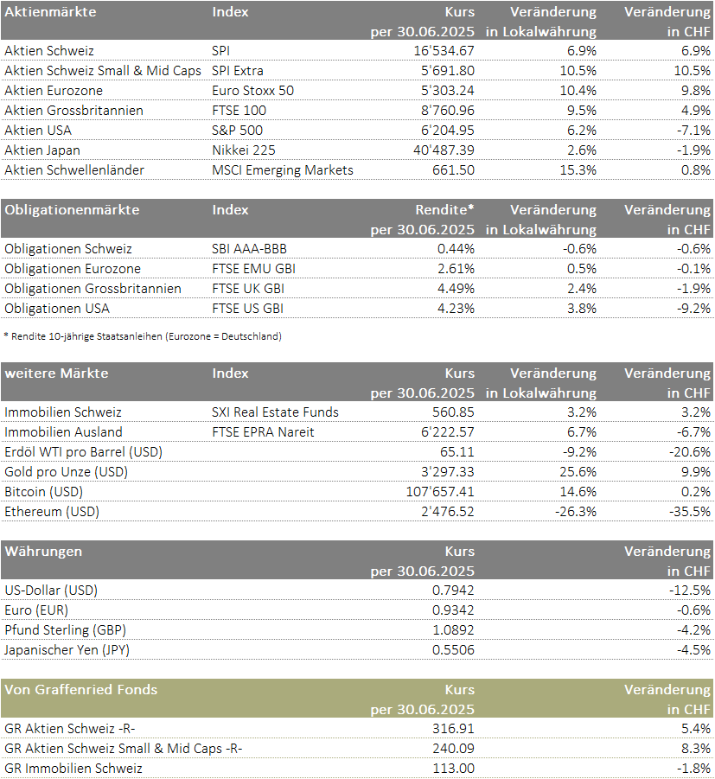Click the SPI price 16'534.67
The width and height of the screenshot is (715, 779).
point(444,51)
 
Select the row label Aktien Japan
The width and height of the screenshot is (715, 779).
point(42,150)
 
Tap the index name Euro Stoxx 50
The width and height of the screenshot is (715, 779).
point(253,91)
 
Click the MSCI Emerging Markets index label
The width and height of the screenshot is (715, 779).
point(283,170)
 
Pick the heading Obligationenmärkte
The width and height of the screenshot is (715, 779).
point(72,209)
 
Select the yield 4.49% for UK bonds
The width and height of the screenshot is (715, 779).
point(456,289)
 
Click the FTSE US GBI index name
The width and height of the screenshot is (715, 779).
point(248,309)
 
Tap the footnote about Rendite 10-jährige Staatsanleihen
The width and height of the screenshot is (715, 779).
point(143,336)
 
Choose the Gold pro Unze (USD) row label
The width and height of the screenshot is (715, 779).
point(66,472)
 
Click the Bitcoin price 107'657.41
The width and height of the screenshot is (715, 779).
point(440,492)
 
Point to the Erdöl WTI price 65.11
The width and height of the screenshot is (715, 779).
point(457,452)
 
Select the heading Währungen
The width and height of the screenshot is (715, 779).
point(43,552)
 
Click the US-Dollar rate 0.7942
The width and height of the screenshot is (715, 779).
point(453,591)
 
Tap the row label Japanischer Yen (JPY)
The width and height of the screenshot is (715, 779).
point(67,650)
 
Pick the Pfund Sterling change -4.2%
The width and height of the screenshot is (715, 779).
point(693,630)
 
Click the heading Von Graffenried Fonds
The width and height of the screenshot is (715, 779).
point(81,690)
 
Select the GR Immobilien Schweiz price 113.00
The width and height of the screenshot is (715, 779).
point(454,769)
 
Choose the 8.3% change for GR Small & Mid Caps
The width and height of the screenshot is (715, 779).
point(696,749)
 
